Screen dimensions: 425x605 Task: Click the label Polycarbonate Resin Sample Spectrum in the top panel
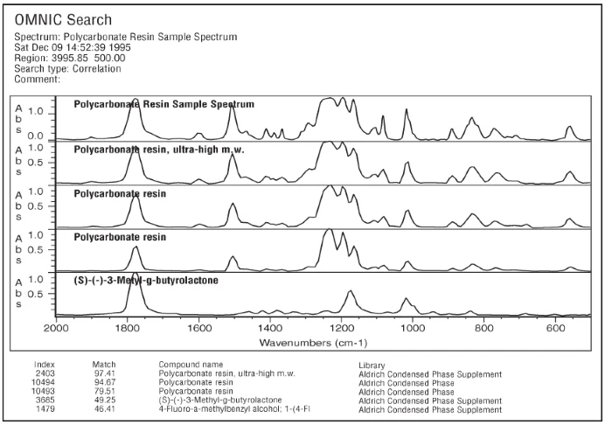point(163,104)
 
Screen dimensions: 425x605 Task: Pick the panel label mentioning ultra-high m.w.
point(158,150)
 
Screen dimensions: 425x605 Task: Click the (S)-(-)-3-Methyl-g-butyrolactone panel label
point(158,281)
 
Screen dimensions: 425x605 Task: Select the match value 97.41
point(104,373)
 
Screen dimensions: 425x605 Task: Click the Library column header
point(372,365)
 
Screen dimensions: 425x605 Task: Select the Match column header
point(104,364)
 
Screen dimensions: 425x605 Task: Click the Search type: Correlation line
point(68,68)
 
